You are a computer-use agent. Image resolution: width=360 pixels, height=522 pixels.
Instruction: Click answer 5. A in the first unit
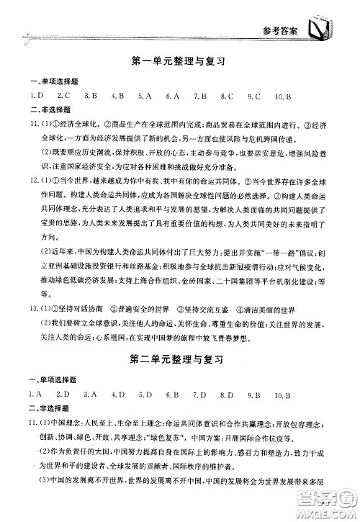pos(144,96)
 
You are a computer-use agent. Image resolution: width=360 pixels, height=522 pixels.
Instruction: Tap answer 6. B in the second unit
pos(172,394)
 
